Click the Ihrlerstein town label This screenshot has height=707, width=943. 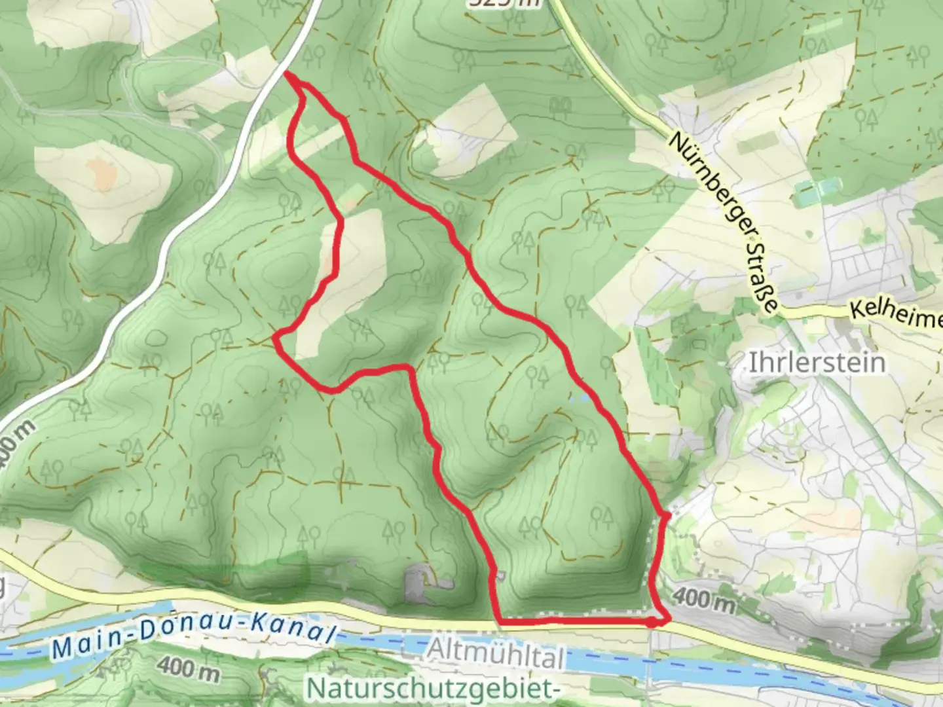click(816, 362)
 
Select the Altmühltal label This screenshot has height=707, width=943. click(496, 654)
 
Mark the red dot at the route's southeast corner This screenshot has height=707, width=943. click(653, 622)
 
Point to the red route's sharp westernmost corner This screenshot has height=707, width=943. click(276, 338)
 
